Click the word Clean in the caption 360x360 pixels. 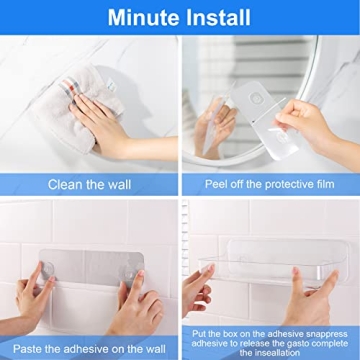(x=65, y=184)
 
